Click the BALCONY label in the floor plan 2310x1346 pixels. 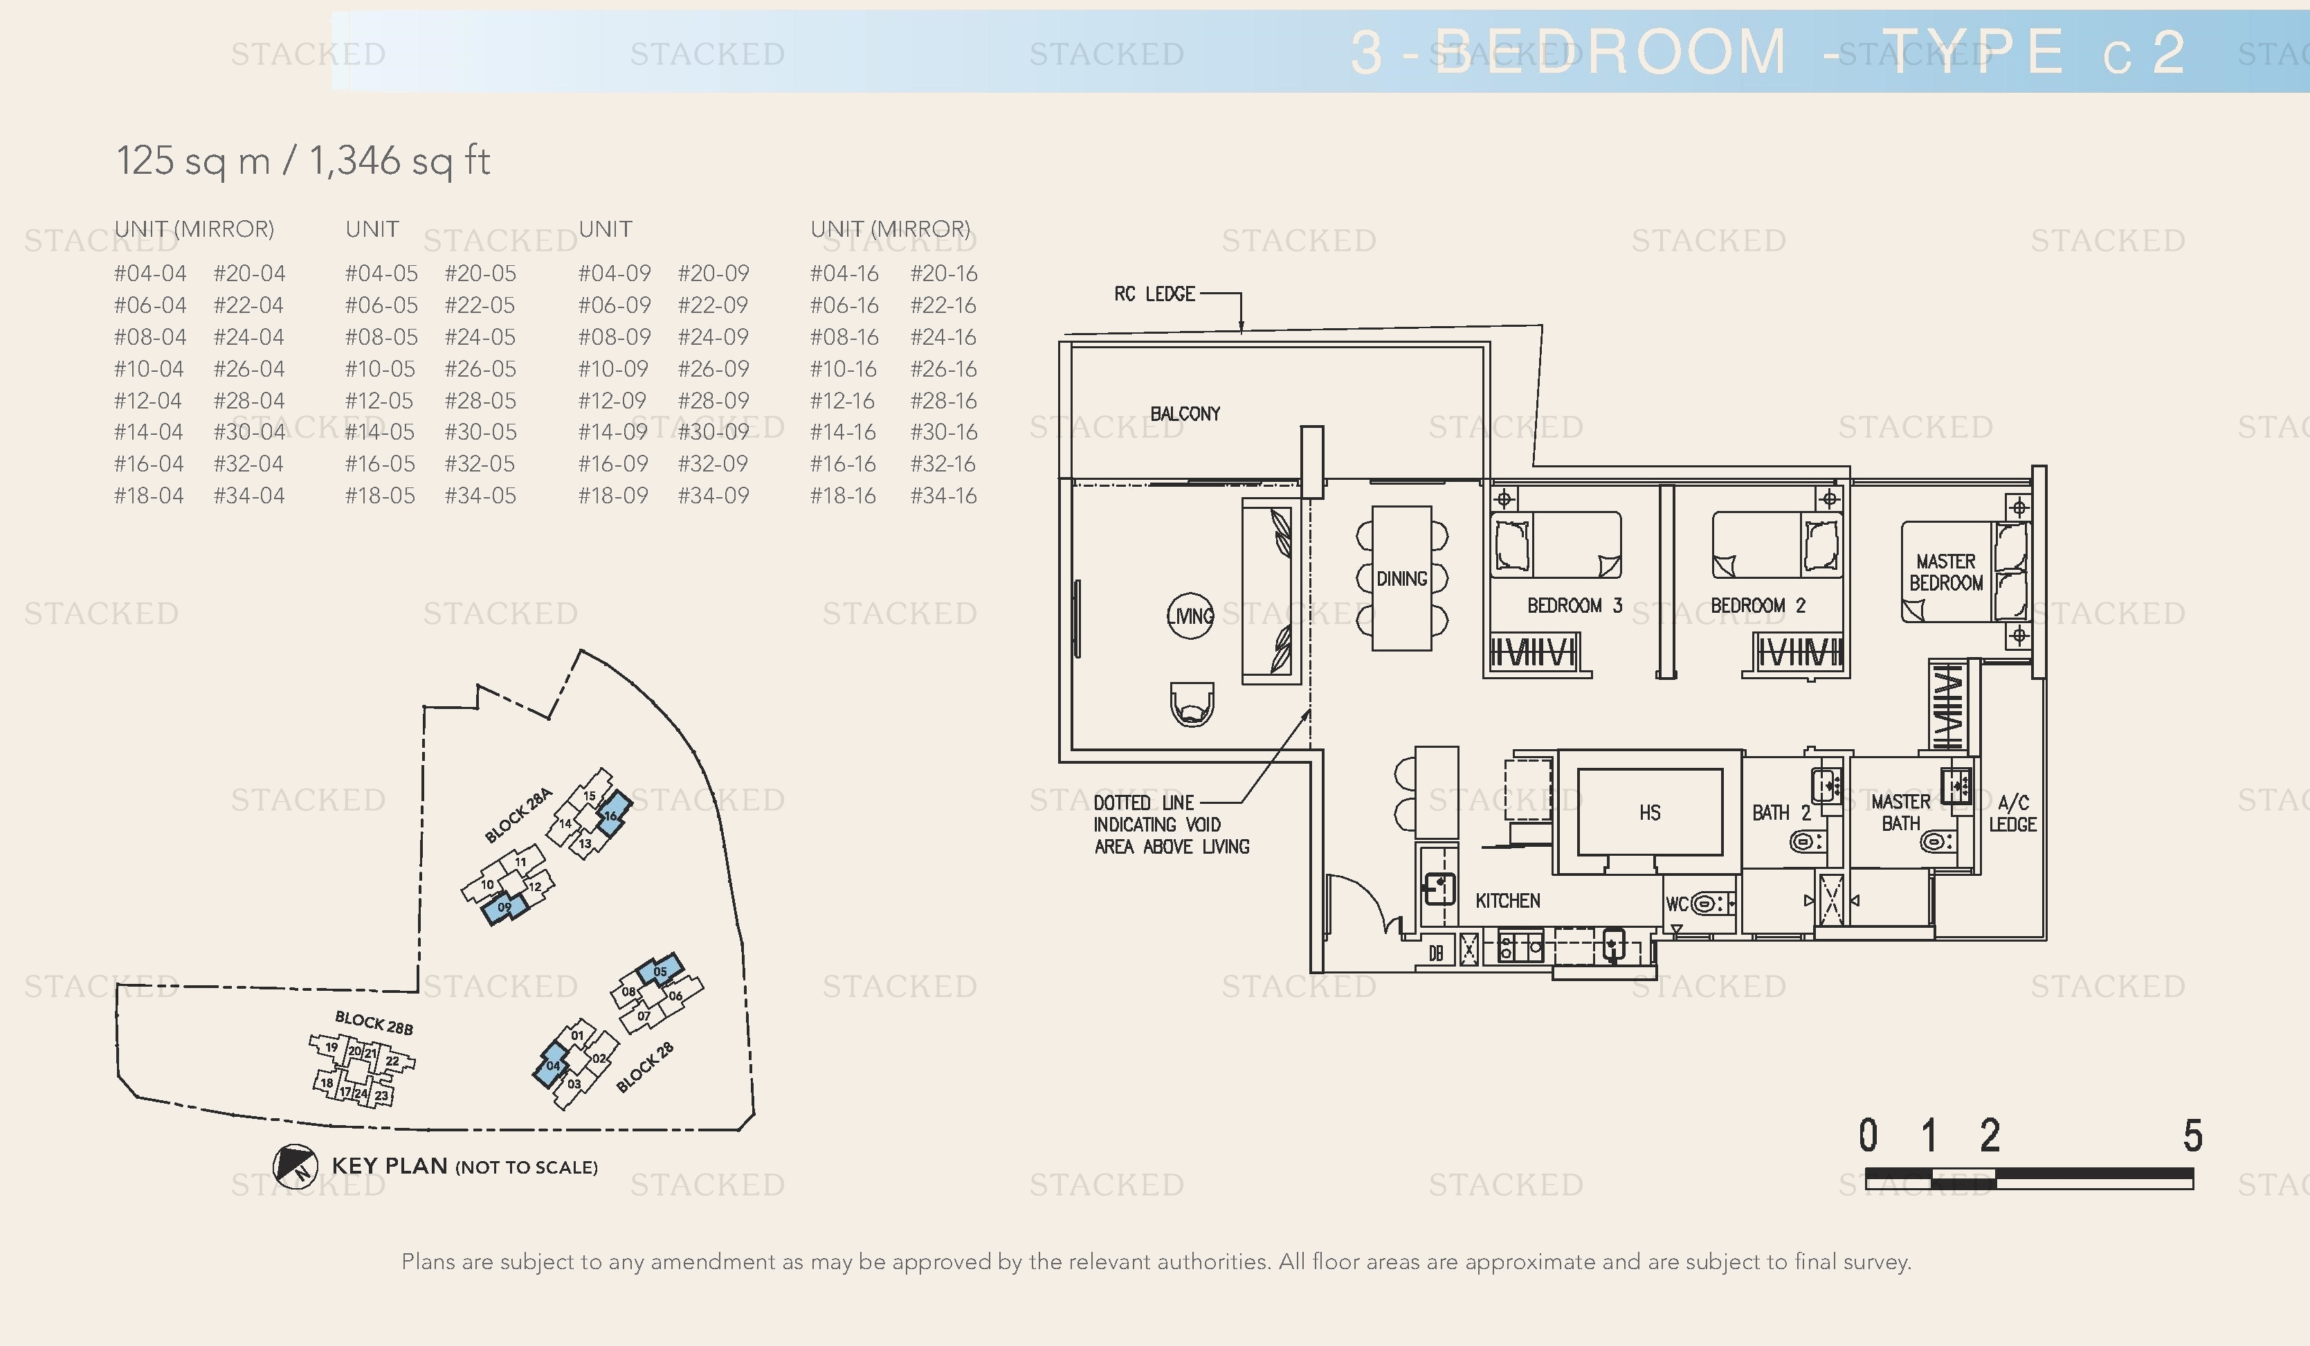[1184, 413]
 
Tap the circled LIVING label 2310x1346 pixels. [1191, 616]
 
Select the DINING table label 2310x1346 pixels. [1401, 579]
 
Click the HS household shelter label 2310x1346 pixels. [1649, 812]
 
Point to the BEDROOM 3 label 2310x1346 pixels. [1574, 605]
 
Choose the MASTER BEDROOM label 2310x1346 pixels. [1945, 572]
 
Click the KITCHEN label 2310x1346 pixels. [1507, 900]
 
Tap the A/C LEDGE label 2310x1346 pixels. [2012, 814]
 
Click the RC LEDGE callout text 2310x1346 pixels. [1154, 294]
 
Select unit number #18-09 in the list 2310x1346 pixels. [612, 496]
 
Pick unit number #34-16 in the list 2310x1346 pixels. [943, 496]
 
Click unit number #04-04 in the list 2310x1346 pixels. [149, 273]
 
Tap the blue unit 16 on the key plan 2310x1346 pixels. [612, 812]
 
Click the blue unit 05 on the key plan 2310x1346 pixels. [660, 970]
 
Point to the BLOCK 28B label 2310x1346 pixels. [373, 1023]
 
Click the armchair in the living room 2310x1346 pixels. [1192, 704]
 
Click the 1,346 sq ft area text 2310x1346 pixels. [400, 161]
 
